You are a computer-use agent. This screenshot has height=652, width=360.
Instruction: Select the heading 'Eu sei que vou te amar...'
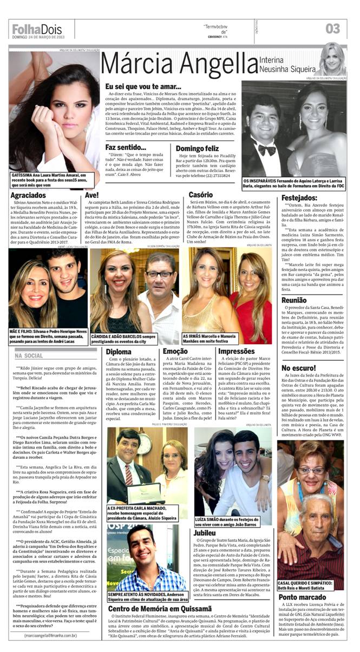143,86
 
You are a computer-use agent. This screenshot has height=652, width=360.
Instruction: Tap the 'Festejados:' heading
299,198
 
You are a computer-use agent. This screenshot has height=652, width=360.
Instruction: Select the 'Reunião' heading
294,300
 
